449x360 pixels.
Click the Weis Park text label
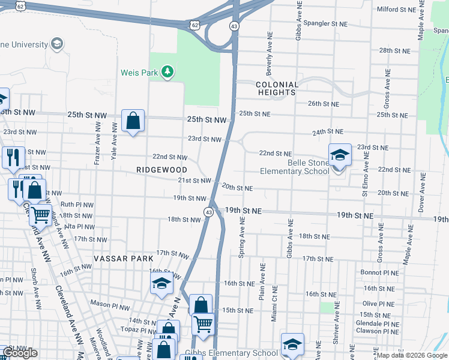139,73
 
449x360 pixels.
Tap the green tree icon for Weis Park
168,73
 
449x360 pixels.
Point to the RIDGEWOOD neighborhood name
158,170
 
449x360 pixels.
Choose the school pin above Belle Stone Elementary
340,156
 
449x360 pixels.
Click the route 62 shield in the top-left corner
21,5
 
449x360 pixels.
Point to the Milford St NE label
396,10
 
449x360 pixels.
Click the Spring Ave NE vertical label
243,237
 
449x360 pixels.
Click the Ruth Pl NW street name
77,204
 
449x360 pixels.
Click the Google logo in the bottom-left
20,353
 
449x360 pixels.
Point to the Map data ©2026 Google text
412,355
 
